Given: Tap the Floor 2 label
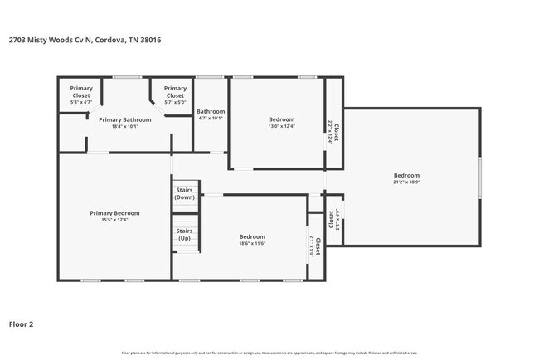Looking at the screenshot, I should [x=22, y=324].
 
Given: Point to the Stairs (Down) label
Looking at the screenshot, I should [x=185, y=193].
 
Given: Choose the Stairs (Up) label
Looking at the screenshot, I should [x=185, y=235].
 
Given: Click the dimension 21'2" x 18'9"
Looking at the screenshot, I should [x=406, y=183].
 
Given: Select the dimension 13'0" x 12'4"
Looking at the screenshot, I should [x=281, y=127].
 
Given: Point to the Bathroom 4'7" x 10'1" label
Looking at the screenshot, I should [x=211, y=114].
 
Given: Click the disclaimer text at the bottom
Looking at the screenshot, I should [x=269, y=353].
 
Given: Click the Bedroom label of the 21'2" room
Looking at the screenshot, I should [x=406, y=176].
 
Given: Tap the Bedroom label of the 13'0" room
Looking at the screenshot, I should [x=281, y=119].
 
